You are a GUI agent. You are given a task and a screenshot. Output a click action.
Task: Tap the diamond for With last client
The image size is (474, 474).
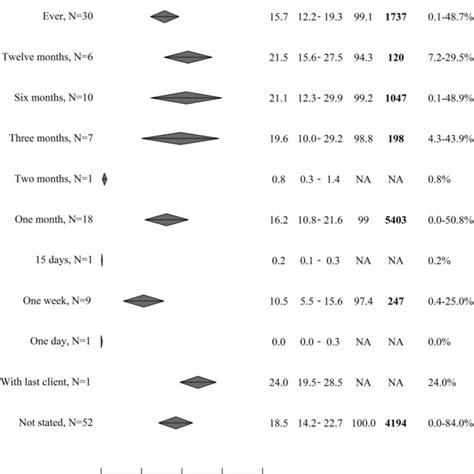[x=197, y=382]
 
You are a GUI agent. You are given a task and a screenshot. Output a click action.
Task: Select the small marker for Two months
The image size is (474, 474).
[x=105, y=179]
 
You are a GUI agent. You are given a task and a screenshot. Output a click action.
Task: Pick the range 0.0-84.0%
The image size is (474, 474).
[x=444, y=423]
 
